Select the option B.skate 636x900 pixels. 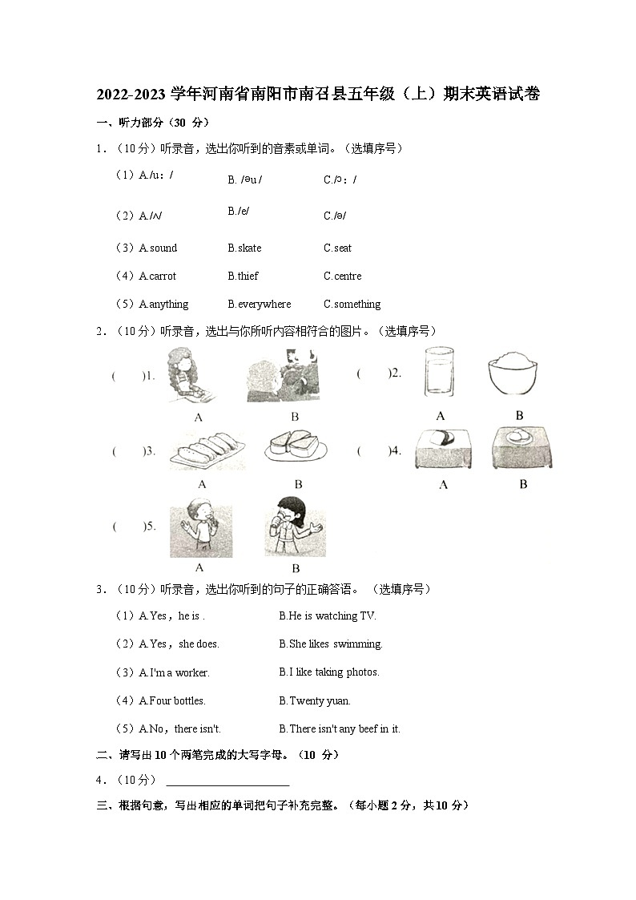[244, 248]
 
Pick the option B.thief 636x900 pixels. [243, 276]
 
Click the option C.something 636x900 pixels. [352, 305]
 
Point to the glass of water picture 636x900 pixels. [440, 371]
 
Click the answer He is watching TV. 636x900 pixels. [327, 616]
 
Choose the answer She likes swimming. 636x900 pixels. [330, 644]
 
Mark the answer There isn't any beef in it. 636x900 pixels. [339, 729]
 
